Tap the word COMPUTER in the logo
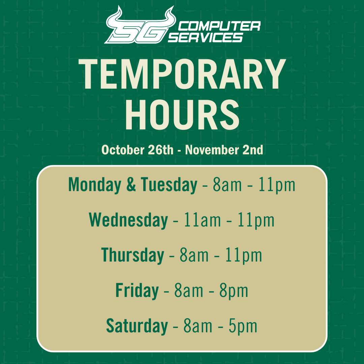pyautogui.click(x=219, y=26)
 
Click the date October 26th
pyautogui.click(x=137, y=150)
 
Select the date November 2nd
pyautogui.click(x=224, y=150)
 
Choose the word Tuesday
pyautogui.click(x=169, y=185)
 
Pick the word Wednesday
pyautogui.click(x=128, y=220)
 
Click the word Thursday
pyautogui.click(x=132, y=255)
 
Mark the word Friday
pyautogui.click(x=137, y=291)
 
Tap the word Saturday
pyautogui.click(x=137, y=326)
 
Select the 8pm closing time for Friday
pyautogui.click(x=234, y=291)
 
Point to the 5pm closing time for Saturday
pyautogui.click(x=243, y=326)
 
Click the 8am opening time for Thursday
pyautogui.click(x=194, y=255)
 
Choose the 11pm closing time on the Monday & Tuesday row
pyautogui.click(x=277, y=185)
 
